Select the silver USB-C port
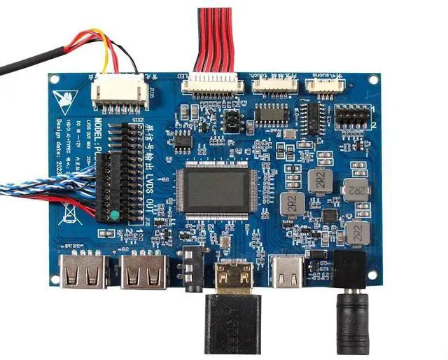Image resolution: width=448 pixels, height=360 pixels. click(287, 272)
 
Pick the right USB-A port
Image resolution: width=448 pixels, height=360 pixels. click(144, 272)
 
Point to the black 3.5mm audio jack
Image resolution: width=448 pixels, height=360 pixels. click(192, 266)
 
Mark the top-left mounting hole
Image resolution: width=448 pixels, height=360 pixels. click(53, 79)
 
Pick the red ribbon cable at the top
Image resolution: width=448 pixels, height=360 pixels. click(216, 39)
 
